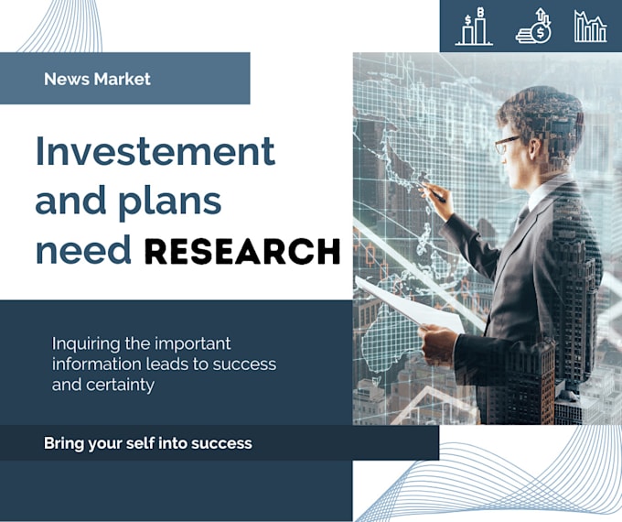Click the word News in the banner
(x=67, y=79)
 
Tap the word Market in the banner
(x=123, y=79)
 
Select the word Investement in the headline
(x=155, y=151)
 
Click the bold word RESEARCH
(x=242, y=252)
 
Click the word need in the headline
(x=83, y=249)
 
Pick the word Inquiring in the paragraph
(x=86, y=345)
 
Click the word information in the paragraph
(x=96, y=364)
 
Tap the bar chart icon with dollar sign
(x=474, y=26)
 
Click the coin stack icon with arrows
(x=534, y=26)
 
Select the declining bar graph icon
(x=590, y=27)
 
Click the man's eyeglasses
(x=507, y=144)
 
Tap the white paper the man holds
(x=410, y=304)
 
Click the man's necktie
(x=522, y=217)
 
